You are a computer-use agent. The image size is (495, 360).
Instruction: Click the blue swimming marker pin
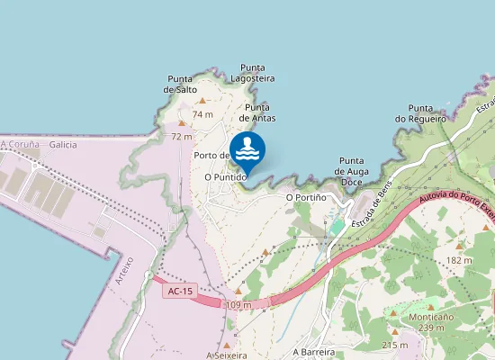tap(247, 152)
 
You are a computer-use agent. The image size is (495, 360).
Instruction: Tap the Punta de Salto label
tap(181, 84)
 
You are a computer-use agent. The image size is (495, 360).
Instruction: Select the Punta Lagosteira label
tap(253, 73)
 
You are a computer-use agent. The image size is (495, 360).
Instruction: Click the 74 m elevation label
tap(202, 114)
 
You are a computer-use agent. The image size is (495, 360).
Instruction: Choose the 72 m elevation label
tap(181, 136)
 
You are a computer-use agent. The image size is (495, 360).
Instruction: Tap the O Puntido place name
tap(226, 178)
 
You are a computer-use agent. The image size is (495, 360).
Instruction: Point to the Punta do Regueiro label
tap(420, 112)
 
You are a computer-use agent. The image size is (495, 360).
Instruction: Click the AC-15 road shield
tap(180, 291)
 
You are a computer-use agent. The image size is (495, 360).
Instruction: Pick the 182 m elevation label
tap(458, 260)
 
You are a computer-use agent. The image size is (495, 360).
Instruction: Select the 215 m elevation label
tap(394, 345)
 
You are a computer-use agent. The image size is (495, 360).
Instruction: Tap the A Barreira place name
tap(313, 352)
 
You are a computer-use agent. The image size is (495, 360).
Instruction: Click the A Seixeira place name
tap(226, 355)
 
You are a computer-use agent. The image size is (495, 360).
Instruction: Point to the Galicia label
tap(64, 144)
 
